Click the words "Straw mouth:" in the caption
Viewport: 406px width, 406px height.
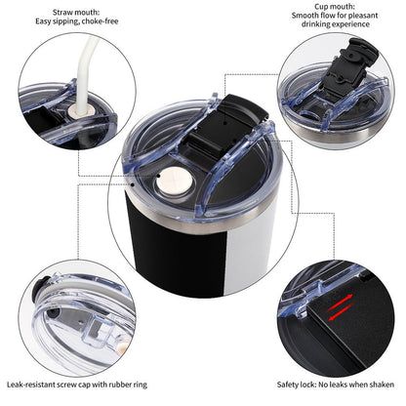pos(76,13)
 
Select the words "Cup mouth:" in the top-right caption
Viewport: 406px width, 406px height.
pos(335,7)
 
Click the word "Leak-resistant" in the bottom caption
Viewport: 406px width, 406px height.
pos(31,385)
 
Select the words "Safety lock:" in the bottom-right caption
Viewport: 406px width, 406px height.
pos(297,385)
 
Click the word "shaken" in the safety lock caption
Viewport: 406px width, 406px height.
pos(382,385)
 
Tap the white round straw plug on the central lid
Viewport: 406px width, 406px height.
pos(175,181)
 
